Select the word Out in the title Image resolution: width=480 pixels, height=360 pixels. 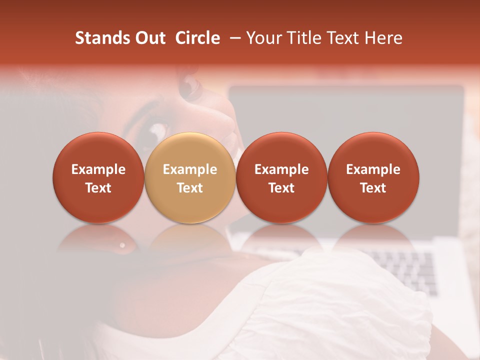(x=149, y=38)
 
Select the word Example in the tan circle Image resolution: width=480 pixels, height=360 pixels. (x=190, y=169)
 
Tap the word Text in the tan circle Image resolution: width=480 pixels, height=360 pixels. (x=190, y=188)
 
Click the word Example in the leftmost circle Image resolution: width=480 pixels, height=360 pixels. (x=98, y=169)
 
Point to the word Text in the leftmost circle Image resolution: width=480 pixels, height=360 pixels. (x=98, y=188)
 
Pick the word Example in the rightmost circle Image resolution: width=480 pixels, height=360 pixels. (x=373, y=169)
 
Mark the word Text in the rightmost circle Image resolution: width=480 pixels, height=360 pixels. (x=373, y=188)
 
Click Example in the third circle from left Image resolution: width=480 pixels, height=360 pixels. (x=281, y=169)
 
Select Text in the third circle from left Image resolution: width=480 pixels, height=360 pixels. (x=281, y=188)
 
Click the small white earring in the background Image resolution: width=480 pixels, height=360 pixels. (x=122, y=245)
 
